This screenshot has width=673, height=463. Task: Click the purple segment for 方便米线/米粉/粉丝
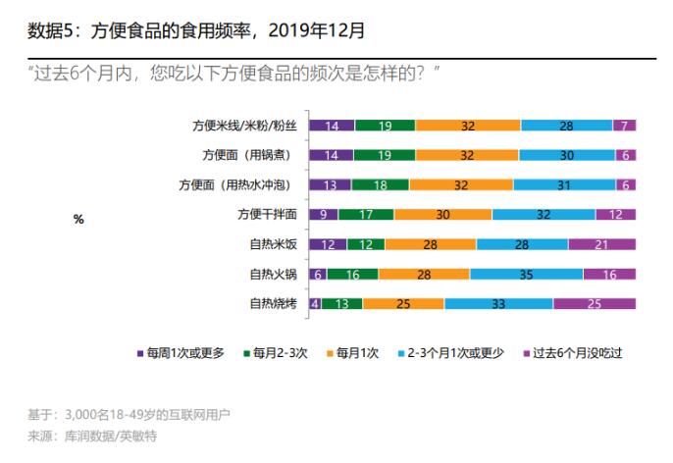tap(332, 126)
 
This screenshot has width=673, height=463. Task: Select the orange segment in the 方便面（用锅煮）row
tap(466, 155)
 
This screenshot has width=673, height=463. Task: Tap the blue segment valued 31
tap(563, 184)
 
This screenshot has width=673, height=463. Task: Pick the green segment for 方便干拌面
tap(366, 215)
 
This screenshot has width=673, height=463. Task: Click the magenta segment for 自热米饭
tap(601, 244)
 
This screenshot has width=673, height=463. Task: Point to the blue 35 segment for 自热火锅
tap(526, 275)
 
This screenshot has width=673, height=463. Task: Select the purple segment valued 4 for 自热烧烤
tap(315, 304)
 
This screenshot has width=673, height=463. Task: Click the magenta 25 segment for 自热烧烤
tap(595, 304)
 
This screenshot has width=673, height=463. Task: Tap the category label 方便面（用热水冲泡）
tap(241, 184)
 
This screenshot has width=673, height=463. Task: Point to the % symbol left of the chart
tap(78, 220)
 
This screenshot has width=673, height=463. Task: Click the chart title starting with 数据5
tap(196, 30)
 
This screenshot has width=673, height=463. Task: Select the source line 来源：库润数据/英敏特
tap(94, 435)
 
